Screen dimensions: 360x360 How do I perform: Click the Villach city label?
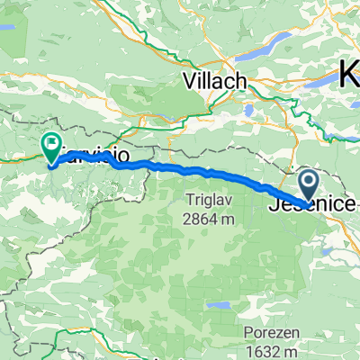(214, 81)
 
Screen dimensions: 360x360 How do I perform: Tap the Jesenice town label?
(310, 205)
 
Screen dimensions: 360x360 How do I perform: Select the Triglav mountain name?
(207, 199)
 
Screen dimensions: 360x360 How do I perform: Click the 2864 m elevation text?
(207, 218)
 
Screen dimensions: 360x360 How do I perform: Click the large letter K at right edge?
(349, 74)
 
